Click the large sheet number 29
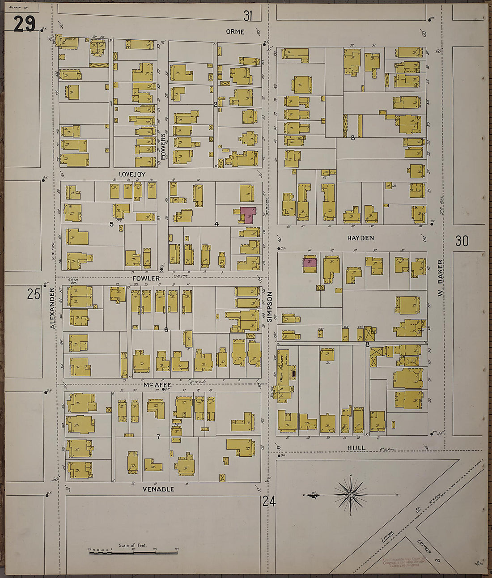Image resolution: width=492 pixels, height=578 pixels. click(x=24, y=24)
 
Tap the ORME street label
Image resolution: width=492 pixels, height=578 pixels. click(x=235, y=32)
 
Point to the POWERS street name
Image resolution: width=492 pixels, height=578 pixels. click(x=163, y=147)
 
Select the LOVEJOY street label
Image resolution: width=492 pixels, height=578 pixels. click(x=132, y=174)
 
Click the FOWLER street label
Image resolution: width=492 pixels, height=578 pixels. click(x=146, y=278)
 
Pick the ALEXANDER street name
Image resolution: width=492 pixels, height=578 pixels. click(x=53, y=308)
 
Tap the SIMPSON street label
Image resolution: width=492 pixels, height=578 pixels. click(x=269, y=307)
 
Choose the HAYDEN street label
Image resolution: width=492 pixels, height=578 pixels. click(x=360, y=238)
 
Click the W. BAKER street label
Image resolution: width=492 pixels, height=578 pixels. click(x=440, y=277)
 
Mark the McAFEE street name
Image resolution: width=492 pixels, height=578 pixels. click(x=157, y=385)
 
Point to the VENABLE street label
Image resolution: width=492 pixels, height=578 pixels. click(x=158, y=489)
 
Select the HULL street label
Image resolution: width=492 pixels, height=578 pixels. click(x=356, y=448)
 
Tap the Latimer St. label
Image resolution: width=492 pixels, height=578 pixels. click(x=424, y=545)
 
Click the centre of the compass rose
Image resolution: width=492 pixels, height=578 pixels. click(x=351, y=495)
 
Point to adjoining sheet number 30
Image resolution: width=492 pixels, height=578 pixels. click(x=462, y=241)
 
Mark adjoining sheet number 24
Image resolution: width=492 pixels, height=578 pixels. click(x=269, y=501)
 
